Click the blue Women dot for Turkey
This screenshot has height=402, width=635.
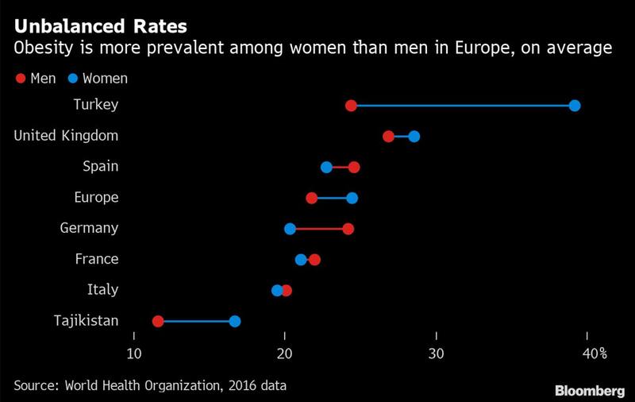pyautogui.click(x=575, y=106)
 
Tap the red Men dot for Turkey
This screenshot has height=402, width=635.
pyautogui.click(x=352, y=106)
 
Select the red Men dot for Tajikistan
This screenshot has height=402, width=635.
pyautogui.click(x=158, y=321)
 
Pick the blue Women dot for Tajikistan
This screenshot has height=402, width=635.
pyautogui.click(x=235, y=321)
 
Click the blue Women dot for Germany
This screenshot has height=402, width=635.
pyautogui.click(x=290, y=229)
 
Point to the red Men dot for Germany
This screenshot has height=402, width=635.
pyautogui.click(x=348, y=229)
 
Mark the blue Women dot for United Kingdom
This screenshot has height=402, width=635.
pyautogui.click(x=414, y=137)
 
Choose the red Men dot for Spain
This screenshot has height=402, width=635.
pyautogui.click(x=354, y=167)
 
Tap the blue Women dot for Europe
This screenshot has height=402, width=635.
pyautogui.click(x=352, y=198)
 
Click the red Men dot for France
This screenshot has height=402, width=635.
pyautogui.click(x=314, y=260)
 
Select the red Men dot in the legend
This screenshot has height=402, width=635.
pyautogui.click(x=20, y=78)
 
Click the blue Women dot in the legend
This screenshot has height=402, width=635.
pyautogui.click(x=72, y=78)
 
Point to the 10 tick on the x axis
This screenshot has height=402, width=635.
pyautogui.click(x=134, y=352)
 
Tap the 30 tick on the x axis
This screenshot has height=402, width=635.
pyautogui.click(x=435, y=352)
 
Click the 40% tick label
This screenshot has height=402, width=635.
pyautogui.click(x=592, y=352)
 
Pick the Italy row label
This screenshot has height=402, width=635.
pyautogui.click(x=102, y=290)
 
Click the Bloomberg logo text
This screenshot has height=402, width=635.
pyautogui.click(x=589, y=390)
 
